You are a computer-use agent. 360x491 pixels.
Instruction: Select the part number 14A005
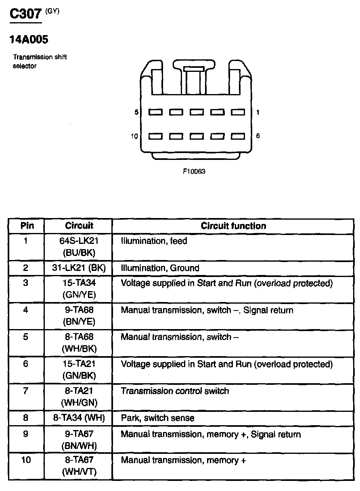(28, 40)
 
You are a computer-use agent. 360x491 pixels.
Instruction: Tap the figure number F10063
(194, 171)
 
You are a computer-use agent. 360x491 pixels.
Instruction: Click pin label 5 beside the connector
(136, 112)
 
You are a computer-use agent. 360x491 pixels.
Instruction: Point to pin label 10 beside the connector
(134, 136)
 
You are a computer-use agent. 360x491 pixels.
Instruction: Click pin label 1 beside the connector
(258, 112)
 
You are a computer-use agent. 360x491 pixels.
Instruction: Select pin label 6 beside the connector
(258, 136)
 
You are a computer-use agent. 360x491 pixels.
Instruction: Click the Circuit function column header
(233, 226)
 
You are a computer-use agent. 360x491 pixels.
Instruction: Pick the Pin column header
(27, 226)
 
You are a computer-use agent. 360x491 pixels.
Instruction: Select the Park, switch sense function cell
(157, 418)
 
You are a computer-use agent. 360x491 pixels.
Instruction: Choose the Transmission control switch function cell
(175, 391)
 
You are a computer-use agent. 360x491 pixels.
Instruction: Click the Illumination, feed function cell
(154, 241)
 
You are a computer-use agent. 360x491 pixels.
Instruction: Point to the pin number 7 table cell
(26, 391)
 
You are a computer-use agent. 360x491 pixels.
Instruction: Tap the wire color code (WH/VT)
(79, 472)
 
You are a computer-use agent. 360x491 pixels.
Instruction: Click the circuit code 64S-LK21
(79, 241)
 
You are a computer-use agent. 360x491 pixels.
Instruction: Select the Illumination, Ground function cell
(160, 268)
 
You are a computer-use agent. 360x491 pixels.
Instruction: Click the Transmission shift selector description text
(40, 61)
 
